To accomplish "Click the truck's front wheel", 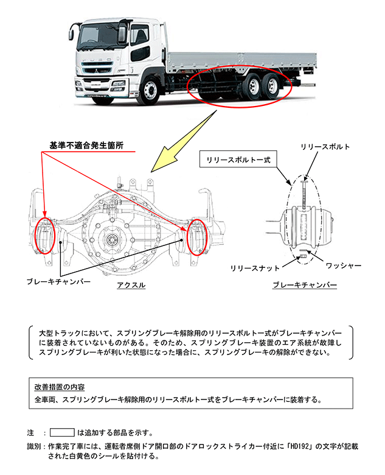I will click(x=150, y=93).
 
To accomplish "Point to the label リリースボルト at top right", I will click(x=326, y=147).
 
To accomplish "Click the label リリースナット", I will click(x=255, y=267).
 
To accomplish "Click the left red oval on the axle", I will click(x=46, y=234).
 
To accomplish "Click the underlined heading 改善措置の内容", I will click(x=60, y=387).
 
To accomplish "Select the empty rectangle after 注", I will click(x=61, y=432).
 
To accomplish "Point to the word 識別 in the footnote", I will click(x=35, y=446).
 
